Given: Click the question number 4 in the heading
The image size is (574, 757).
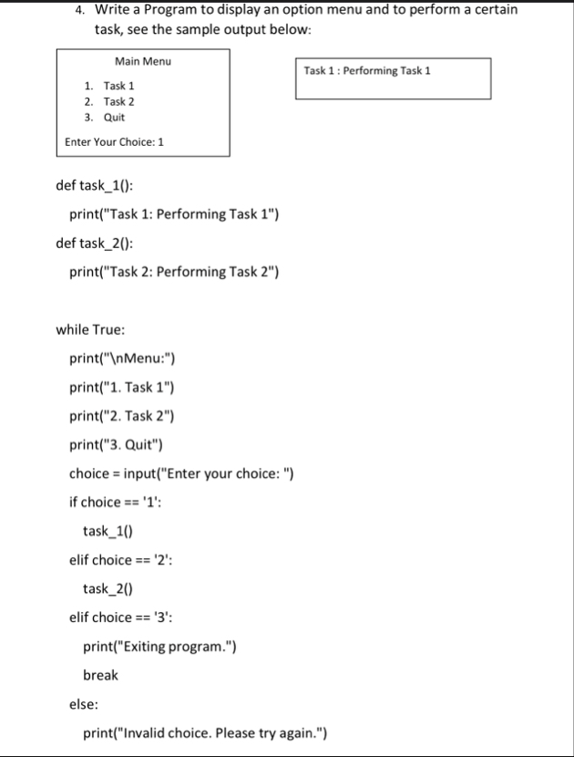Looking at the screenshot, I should click(x=80, y=10).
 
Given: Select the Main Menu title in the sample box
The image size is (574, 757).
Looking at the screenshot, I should click(x=143, y=61).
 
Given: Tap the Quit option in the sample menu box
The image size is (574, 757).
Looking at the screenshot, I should click(x=114, y=118).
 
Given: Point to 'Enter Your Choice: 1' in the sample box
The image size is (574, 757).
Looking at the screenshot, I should click(x=115, y=142).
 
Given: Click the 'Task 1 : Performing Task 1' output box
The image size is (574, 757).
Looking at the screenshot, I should click(x=392, y=78).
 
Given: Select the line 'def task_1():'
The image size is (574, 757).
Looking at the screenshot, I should click(x=95, y=185).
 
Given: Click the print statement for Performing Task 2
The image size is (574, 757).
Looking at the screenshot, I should click(x=174, y=271).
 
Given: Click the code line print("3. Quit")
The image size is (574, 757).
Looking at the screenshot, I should click(x=121, y=445).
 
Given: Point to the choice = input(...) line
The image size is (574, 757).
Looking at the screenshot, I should click(x=181, y=473).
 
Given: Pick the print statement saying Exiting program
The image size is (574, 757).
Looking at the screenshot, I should click(x=160, y=647).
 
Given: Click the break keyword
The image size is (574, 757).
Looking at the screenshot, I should click(x=101, y=675).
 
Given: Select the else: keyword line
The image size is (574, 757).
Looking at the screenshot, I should click(x=85, y=703).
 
